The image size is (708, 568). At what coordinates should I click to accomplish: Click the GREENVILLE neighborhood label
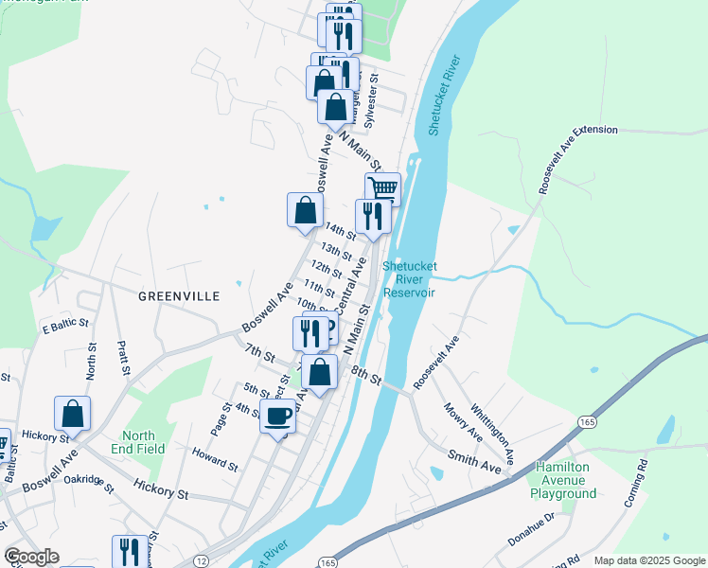179,296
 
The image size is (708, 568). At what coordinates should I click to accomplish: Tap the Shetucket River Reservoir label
409,279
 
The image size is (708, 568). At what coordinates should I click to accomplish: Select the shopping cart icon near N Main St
382,187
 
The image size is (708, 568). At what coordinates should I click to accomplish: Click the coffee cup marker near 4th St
277,416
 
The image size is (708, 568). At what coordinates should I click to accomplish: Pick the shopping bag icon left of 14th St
305,208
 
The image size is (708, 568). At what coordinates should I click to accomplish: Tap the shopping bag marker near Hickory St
72,413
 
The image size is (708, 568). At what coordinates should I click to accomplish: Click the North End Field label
137,442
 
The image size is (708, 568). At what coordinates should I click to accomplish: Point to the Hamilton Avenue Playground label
564,480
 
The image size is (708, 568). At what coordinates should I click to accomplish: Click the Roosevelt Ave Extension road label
576,158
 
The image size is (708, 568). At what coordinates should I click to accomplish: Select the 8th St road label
365,376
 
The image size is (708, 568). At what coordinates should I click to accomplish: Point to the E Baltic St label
64,328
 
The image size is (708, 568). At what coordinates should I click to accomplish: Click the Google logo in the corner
30,557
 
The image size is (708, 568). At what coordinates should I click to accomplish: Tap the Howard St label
215,459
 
